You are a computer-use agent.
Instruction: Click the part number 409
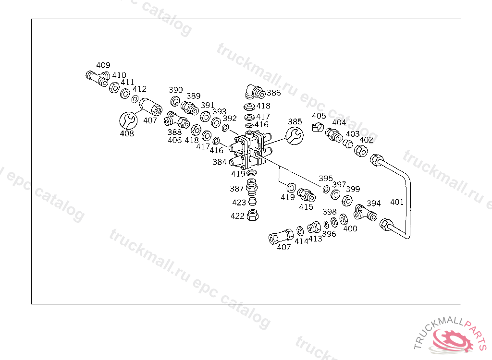(x=103, y=65)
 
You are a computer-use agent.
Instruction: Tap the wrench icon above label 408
(x=128, y=120)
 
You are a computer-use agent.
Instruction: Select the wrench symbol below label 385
(x=295, y=135)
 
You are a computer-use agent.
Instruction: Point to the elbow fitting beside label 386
(x=255, y=92)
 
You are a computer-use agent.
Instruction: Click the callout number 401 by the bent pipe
(x=397, y=202)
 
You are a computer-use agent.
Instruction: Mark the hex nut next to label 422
(x=253, y=215)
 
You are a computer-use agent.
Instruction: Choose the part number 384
(x=219, y=162)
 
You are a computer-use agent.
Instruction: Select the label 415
(x=306, y=207)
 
